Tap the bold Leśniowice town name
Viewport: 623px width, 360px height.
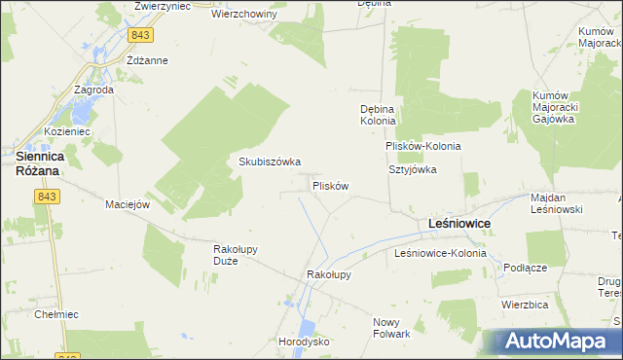[x=459, y=224]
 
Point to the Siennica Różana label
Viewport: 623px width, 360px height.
[x=38, y=162]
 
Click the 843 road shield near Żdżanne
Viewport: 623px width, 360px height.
[x=140, y=35]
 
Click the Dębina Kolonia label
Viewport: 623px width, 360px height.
[x=378, y=116]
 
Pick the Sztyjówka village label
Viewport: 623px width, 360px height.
[x=414, y=168]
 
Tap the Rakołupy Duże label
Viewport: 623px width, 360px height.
[x=235, y=254]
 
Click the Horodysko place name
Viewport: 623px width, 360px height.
[x=305, y=342]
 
